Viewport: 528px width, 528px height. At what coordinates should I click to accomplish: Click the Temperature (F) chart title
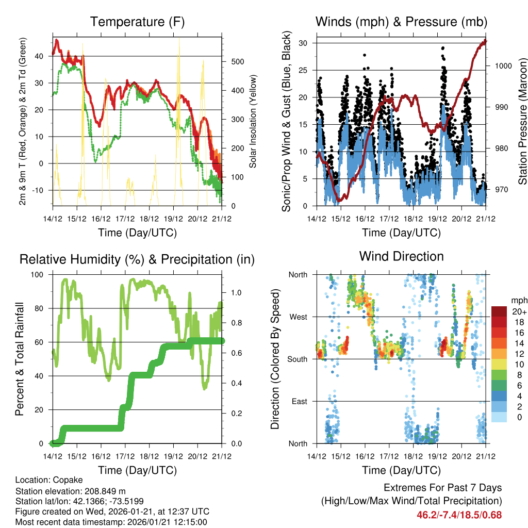click(137, 22)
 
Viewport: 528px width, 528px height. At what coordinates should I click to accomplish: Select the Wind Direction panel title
click(401, 256)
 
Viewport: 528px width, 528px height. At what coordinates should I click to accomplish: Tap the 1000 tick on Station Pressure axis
click(502, 66)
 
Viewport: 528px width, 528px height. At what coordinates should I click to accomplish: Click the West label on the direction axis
click(298, 317)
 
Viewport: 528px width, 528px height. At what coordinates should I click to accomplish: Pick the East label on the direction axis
click(299, 401)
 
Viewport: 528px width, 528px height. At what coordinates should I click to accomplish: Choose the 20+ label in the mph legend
click(519, 311)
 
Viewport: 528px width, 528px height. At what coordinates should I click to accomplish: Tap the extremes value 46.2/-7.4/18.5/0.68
click(459, 515)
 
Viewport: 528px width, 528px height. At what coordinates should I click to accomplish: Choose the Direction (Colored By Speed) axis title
click(275, 359)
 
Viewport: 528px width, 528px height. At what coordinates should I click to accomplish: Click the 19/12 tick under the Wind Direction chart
click(438, 456)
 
